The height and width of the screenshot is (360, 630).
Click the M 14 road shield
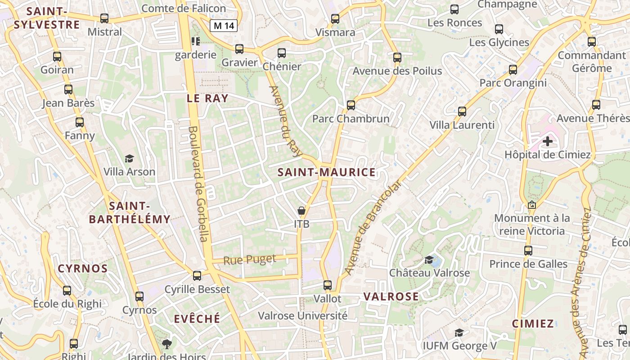click(224, 26)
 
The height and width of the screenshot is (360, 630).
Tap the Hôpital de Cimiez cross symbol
click(547, 141)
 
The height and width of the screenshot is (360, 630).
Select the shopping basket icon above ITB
click(301, 211)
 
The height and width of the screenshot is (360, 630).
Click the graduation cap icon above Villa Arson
click(130, 158)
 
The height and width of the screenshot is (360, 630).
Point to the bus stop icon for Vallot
click(328, 285)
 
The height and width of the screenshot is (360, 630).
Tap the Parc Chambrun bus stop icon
click(351, 105)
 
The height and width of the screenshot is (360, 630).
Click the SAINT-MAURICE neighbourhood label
click(326, 172)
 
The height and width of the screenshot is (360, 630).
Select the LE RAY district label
click(207, 99)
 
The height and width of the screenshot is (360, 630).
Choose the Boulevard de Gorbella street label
click(198, 184)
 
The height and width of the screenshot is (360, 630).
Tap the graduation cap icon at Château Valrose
click(429, 260)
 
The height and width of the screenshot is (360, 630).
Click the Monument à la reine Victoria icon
click(532, 205)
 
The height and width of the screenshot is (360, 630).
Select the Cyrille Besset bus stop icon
click(197, 275)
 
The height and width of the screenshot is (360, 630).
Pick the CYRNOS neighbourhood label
click(83, 269)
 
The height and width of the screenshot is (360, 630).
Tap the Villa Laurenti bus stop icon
click(462, 112)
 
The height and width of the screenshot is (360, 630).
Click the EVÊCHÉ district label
click(197, 319)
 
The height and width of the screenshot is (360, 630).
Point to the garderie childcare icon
click(195, 41)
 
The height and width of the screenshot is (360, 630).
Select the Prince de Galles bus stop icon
click(528, 251)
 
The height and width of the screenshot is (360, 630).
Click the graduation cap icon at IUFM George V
click(459, 333)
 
